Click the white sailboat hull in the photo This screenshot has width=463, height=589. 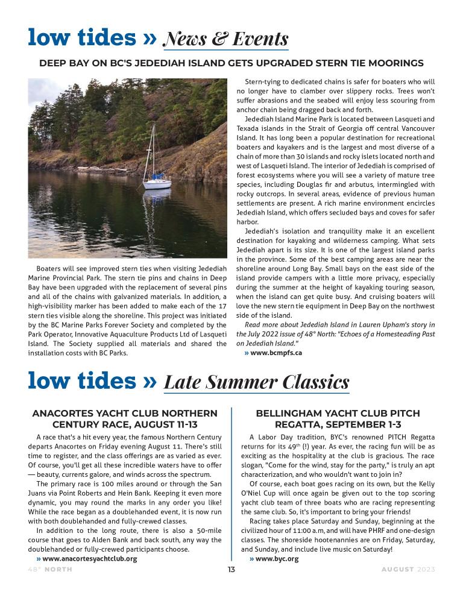point(157,183)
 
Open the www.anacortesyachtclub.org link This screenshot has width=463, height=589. point(89,559)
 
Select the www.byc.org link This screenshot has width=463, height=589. point(277,559)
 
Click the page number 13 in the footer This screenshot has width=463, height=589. point(231,570)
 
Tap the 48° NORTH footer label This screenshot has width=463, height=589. point(49,570)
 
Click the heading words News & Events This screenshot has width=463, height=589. point(226,39)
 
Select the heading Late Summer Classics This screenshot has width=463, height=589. point(256,382)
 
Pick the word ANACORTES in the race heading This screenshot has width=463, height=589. point(60,414)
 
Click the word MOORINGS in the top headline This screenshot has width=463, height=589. point(395,63)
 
